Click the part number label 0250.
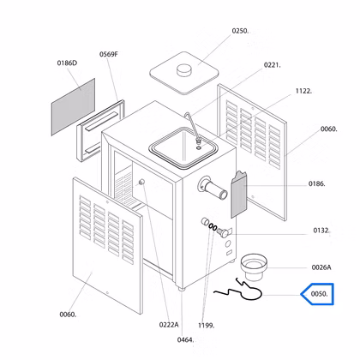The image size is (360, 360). (240, 31)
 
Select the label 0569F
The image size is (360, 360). (109, 54)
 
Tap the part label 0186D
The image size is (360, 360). (67, 63)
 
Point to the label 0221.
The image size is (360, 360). (273, 65)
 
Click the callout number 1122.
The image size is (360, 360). (303, 91)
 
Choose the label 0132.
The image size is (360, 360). (321, 231)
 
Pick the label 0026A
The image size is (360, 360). (321, 267)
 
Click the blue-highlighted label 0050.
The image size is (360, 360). (319, 294)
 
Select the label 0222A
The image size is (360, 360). (169, 325)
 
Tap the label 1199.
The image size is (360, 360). (206, 326)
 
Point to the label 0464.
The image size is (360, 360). (185, 340)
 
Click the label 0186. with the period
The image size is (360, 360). (316, 183)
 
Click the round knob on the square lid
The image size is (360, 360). (184, 70)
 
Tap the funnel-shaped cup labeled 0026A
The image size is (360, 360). (254, 267)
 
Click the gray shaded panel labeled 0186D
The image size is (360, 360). (73, 107)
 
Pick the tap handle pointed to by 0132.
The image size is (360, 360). (224, 232)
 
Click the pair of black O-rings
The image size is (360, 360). (213, 227)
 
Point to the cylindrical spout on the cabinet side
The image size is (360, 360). (213, 188)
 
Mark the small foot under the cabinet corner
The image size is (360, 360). (181, 290)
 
